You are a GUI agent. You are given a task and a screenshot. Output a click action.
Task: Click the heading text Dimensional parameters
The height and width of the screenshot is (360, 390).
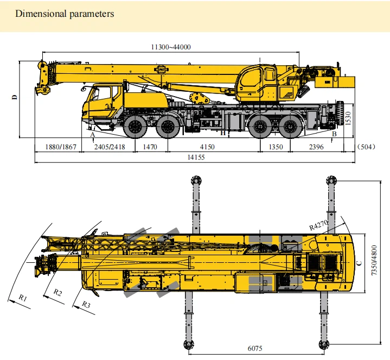(x=65, y=14)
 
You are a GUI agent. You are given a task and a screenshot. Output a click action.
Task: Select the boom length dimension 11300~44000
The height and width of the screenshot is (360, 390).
(x=170, y=47)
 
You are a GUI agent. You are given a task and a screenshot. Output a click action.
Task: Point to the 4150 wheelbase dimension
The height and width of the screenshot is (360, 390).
(x=206, y=147)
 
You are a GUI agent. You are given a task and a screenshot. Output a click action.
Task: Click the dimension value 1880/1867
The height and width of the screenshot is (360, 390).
(x=57, y=147)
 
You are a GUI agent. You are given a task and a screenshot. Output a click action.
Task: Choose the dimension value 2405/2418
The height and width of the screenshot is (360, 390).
(x=110, y=147)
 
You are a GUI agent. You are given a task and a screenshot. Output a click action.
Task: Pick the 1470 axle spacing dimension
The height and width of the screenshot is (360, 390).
(x=150, y=147)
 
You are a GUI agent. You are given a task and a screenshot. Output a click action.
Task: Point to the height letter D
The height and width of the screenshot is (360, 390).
(x=16, y=97)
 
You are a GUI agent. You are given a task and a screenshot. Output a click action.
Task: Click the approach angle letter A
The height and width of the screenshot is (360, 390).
(x=92, y=134)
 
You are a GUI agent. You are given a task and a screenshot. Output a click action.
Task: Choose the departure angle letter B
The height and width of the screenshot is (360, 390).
(x=335, y=134)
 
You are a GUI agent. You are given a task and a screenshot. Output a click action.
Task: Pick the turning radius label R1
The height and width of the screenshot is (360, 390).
(x=22, y=297)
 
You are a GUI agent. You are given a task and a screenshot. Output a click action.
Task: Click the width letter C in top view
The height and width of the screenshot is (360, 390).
(x=359, y=264)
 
